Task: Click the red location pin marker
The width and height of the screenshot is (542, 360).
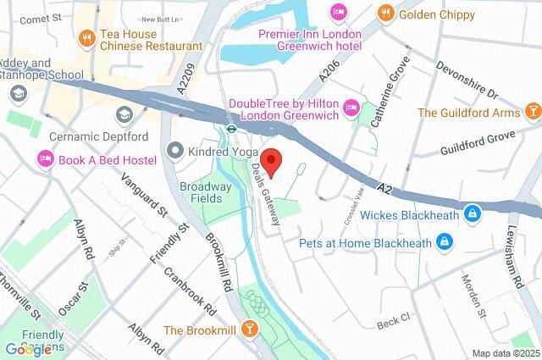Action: (x=271, y=160)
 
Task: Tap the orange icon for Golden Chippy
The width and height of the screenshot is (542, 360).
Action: (x=386, y=13)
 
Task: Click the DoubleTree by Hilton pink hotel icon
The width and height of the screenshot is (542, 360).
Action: (x=351, y=108)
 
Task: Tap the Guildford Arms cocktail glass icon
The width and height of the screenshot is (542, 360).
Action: (x=533, y=111)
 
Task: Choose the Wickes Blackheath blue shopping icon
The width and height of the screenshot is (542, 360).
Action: (x=471, y=215)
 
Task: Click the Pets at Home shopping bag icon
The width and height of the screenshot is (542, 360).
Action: (x=443, y=243)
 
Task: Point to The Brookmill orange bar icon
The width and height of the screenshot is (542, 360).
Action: (x=250, y=330)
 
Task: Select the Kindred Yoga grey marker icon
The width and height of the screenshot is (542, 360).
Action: (x=175, y=151)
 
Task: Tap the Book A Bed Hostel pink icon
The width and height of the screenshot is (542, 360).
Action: (x=44, y=159)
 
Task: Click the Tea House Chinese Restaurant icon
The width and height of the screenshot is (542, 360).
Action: (x=86, y=38)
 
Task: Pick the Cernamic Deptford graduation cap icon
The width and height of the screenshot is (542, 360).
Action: (x=124, y=114)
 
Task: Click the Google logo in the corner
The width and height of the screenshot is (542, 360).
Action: (x=27, y=349)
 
